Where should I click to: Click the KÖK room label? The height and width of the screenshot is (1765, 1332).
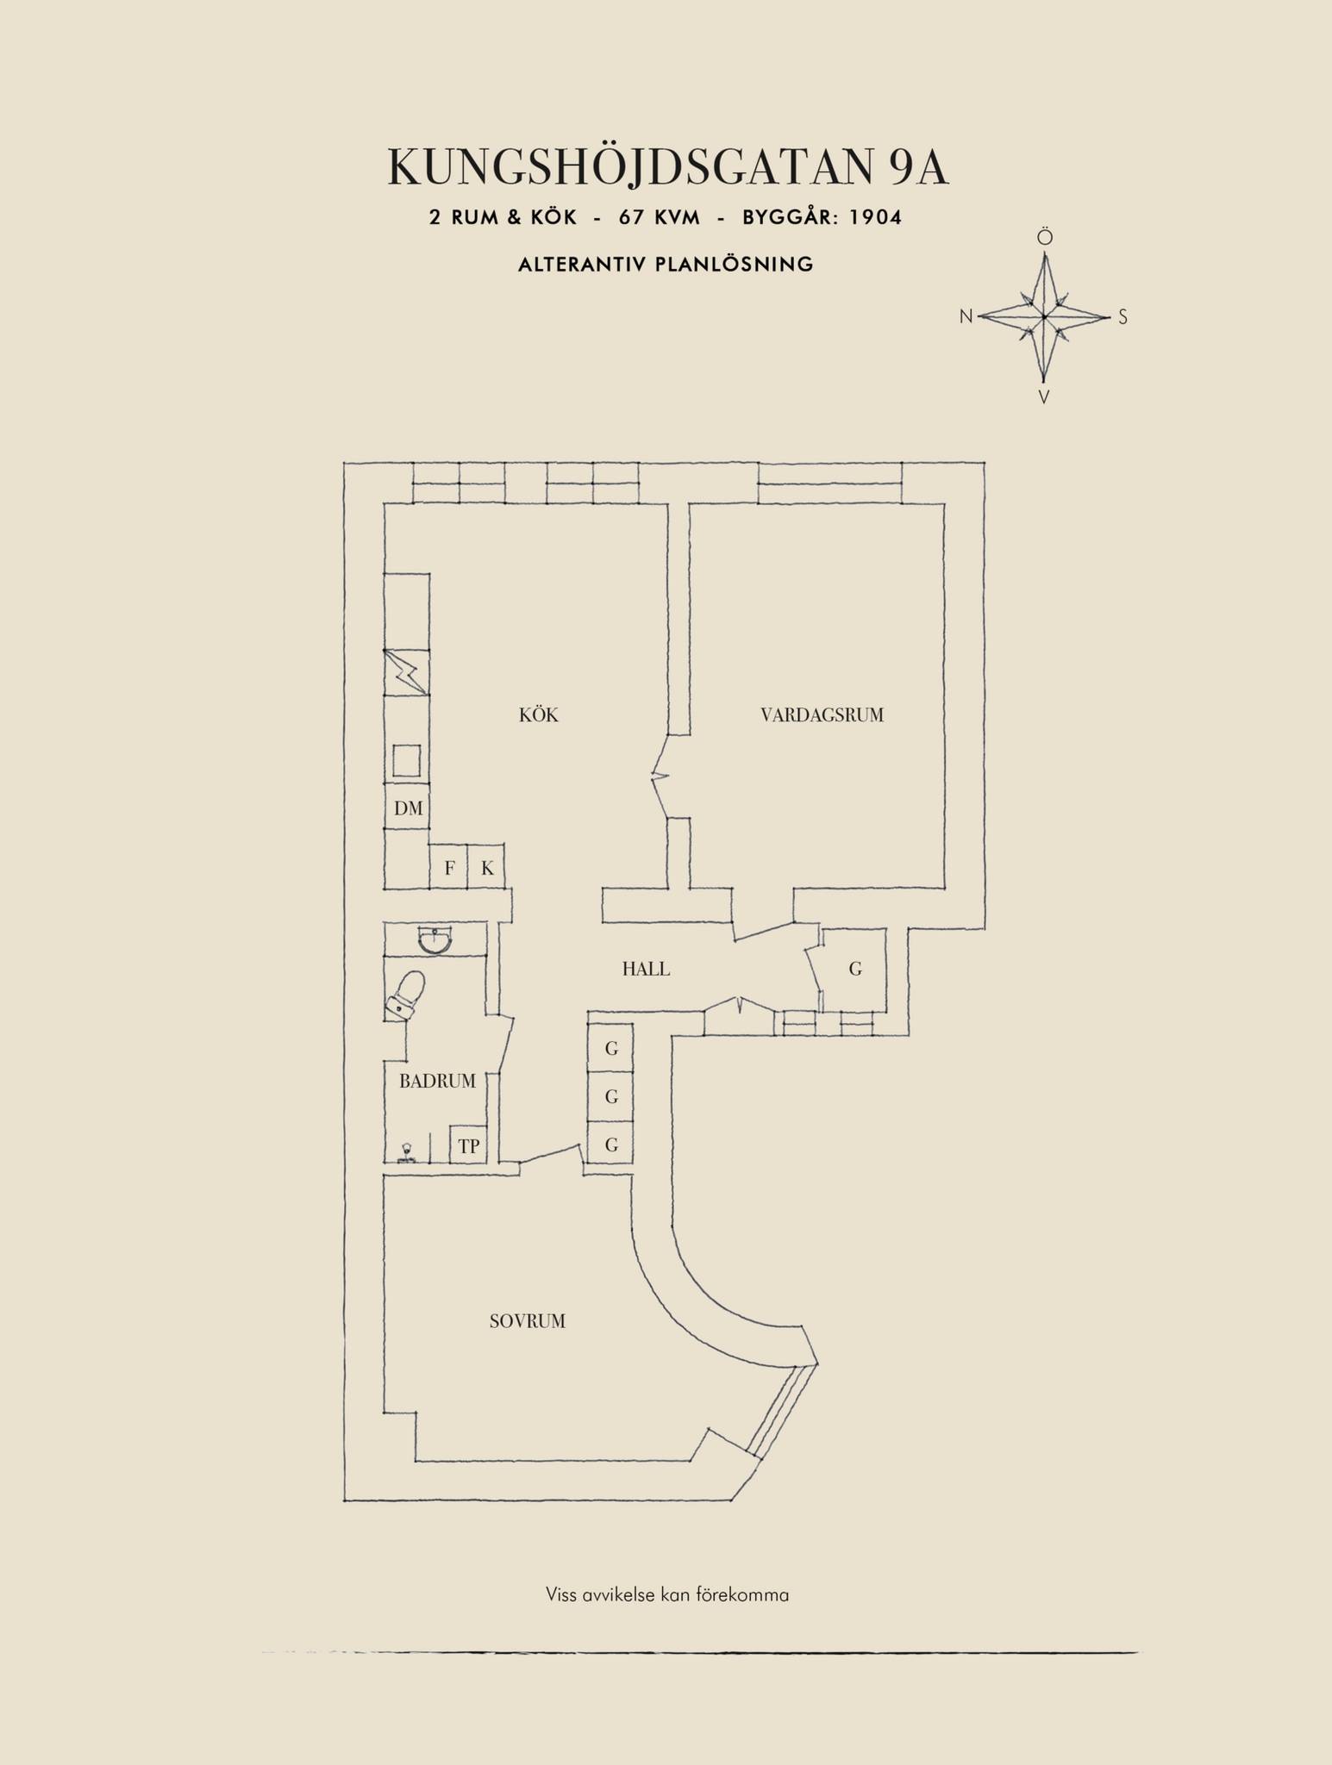tap(539, 714)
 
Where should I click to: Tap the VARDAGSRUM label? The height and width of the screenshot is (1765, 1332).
tap(822, 714)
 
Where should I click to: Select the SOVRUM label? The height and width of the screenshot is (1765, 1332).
tap(528, 1321)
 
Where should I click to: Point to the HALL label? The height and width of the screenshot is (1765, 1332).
tap(646, 969)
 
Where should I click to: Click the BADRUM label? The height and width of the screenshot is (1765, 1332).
tap(437, 1081)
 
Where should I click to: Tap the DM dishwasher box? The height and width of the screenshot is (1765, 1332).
tap(407, 807)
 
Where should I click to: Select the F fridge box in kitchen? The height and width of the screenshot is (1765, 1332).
tap(448, 866)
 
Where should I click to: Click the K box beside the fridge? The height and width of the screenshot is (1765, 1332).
tap(486, 866)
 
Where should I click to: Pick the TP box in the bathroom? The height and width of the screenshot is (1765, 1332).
tap(468, 1145)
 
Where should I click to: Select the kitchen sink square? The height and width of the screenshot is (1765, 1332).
tap(407, 761)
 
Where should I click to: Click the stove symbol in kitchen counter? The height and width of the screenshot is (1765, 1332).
tap(406, 671)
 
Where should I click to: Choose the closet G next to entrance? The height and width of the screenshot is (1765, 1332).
tap(854, 970)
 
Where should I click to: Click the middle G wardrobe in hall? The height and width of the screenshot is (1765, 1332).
tap(611, 1097)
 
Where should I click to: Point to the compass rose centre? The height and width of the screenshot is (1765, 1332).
tap(1043, 317)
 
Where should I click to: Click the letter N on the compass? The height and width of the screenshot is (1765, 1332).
tap(966, 317)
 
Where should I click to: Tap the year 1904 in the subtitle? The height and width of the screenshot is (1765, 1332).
tap(875, 217)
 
